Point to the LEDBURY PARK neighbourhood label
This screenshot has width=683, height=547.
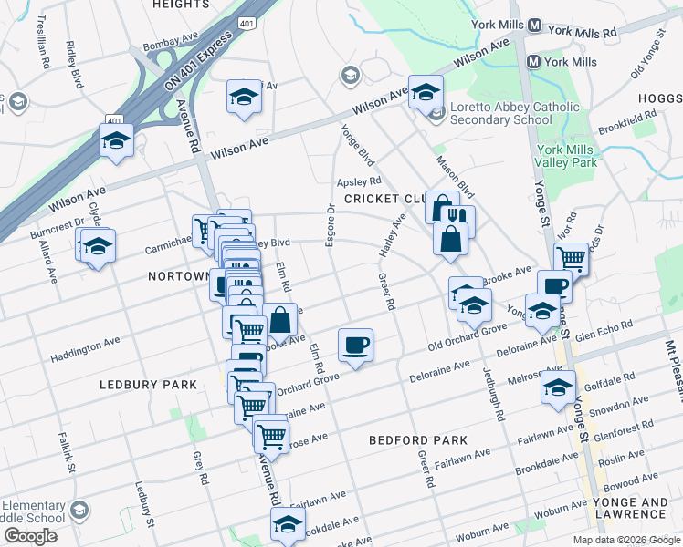[x=148, y=385]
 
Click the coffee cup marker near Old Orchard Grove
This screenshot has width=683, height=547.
[x=355, y=345]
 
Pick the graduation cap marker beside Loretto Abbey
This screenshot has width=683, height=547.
[x=425, y=92]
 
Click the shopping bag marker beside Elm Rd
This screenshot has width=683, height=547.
[x=279, y=319]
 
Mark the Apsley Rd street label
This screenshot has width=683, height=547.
[x=359, y=181]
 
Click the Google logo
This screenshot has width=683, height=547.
[x=30, y=535]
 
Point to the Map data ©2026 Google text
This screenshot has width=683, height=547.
[x=626, y=539]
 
